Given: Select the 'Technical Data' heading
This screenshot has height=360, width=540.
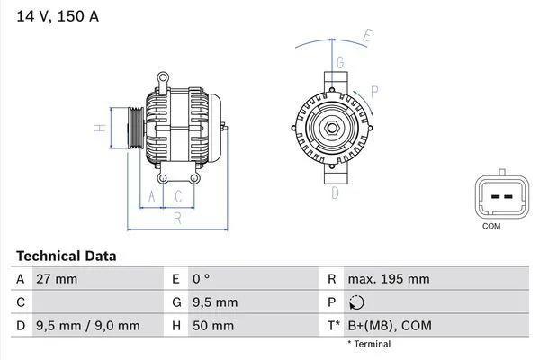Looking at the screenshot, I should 66,256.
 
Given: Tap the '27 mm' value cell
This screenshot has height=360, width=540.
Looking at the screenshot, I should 57,279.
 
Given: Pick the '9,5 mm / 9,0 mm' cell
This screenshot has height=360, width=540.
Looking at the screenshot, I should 87,325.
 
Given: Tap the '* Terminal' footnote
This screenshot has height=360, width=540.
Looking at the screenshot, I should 369,344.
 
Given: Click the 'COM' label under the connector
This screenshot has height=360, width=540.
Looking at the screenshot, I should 490,226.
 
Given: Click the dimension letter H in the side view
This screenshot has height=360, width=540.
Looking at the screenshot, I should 102,128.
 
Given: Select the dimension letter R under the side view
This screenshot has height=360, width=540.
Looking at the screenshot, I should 177,217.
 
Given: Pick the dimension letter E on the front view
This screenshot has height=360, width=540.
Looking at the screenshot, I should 367,37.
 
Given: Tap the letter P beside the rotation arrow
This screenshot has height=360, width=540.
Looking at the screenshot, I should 374,90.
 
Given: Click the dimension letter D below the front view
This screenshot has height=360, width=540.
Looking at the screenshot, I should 334,192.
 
